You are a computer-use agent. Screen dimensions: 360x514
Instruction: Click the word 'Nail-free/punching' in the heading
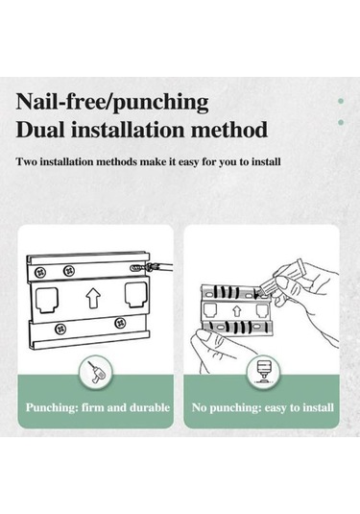112,102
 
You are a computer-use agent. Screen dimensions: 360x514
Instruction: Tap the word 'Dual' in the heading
40,130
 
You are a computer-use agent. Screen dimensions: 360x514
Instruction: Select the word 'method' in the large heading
229,130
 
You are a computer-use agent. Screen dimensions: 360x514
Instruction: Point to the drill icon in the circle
96,374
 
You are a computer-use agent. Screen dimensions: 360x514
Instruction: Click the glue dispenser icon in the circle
263,373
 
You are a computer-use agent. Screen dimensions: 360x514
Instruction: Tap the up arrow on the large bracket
93,298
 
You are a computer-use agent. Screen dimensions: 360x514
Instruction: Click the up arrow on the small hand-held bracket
237,310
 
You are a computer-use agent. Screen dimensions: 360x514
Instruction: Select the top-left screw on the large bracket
41,272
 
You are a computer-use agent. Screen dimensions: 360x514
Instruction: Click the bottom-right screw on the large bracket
120,323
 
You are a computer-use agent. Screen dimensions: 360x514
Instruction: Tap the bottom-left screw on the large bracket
60,329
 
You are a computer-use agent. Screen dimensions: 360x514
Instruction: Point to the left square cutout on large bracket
47,300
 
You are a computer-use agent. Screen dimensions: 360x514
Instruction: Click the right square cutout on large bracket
136,295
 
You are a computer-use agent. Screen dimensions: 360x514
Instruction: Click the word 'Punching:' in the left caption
52,407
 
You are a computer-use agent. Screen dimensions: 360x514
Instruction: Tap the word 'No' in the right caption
199,407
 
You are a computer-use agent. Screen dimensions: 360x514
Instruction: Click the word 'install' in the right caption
318,407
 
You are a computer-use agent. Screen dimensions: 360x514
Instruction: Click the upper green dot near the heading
341,101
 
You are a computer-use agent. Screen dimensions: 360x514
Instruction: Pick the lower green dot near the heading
341,122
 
